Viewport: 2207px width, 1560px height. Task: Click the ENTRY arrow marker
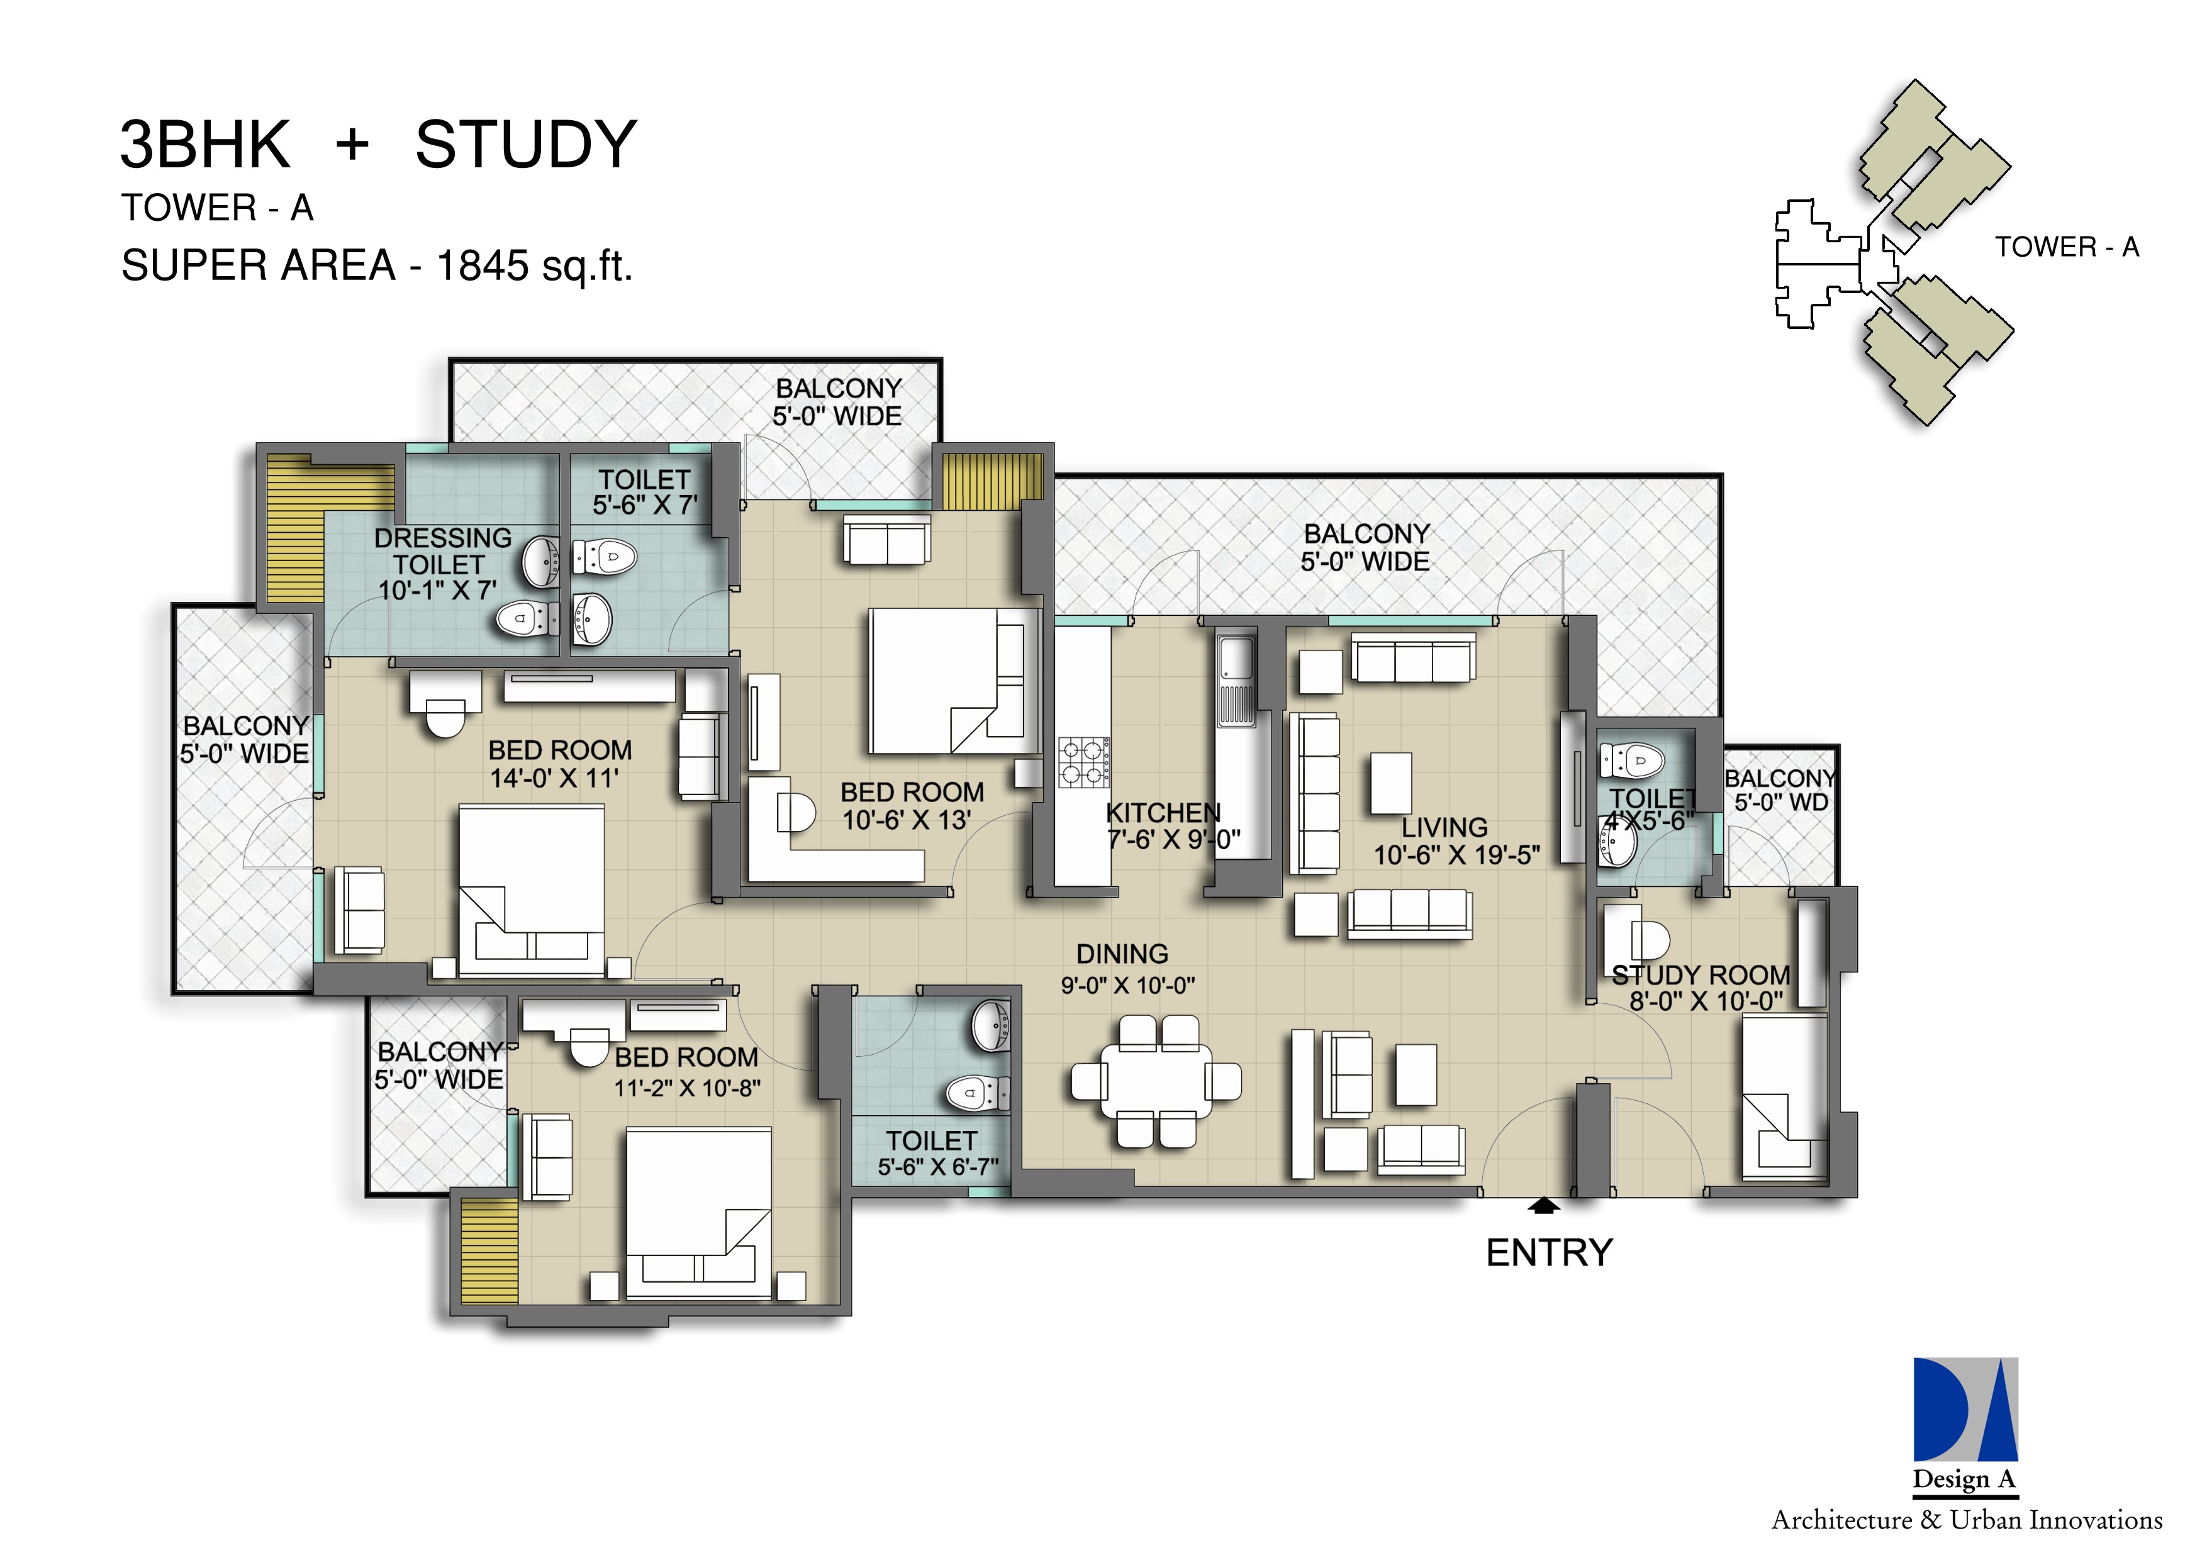pos(1545,1205)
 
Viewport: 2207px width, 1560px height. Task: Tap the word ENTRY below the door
pos(1548,1254)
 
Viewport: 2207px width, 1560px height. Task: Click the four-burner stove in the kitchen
pos(1084,762)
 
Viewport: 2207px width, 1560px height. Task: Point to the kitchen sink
pos(1235,663)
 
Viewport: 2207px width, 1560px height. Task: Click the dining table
pos(1156,1081)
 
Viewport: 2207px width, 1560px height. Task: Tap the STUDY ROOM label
pos(1701,976)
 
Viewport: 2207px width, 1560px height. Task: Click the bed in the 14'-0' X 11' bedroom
pos(532,889)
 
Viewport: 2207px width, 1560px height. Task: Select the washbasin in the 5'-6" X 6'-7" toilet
pos(991,1025)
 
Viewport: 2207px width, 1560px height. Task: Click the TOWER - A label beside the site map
pos(2067,248)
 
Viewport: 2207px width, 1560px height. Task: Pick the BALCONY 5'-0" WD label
pos(1780,790)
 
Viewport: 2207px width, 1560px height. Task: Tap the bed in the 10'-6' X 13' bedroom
pos(952,681)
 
